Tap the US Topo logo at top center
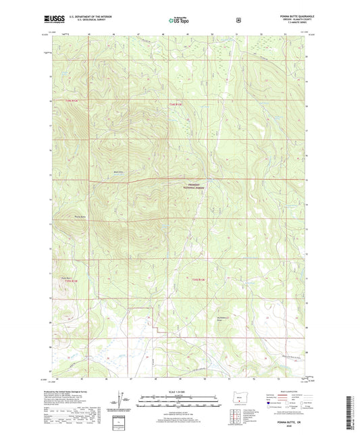(179, 21)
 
